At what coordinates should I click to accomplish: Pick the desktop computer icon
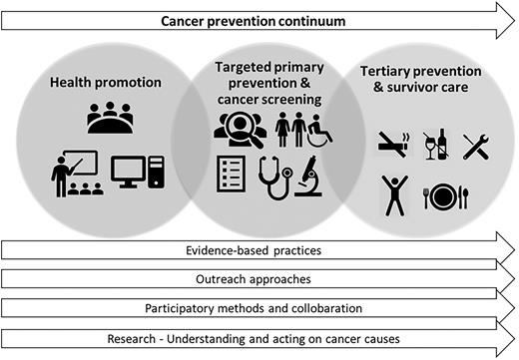tap(134, 176)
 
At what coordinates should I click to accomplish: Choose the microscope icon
tap(310, 176)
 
